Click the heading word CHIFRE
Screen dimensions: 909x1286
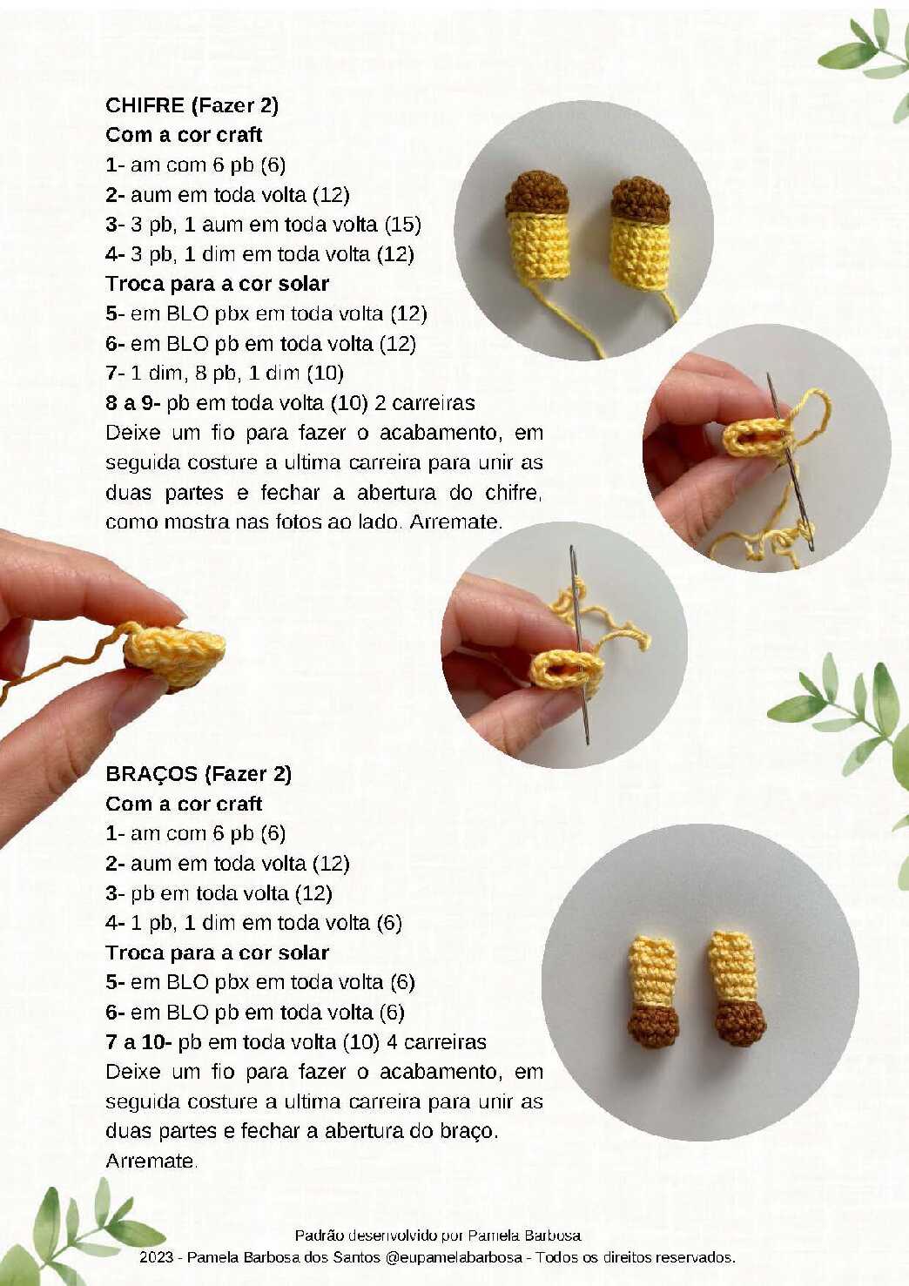pyautogui.click(x=145, y=105)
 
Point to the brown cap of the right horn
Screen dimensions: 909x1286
pyautogui.click(x=640, y=199)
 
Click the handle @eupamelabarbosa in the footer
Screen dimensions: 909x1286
pyautogui.click(x=454, y=1257)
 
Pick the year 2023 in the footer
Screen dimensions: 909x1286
pyautogui.click(x=156, y=1257)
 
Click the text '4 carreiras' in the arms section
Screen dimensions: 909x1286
pyautogui.click(x=436, y=1041)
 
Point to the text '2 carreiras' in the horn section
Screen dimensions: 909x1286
pyautogui.click(x=424, y=402)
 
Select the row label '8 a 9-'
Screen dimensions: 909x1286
pyautogui.click(x=133, y=402)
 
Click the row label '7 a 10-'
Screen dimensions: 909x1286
pyautogui.click(x=139, y=1041)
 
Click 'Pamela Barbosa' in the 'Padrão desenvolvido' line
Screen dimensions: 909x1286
pyautogui.click(x=523, y=1235)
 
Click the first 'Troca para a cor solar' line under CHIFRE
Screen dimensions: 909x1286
pyautogui.click(x=217, y=284)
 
